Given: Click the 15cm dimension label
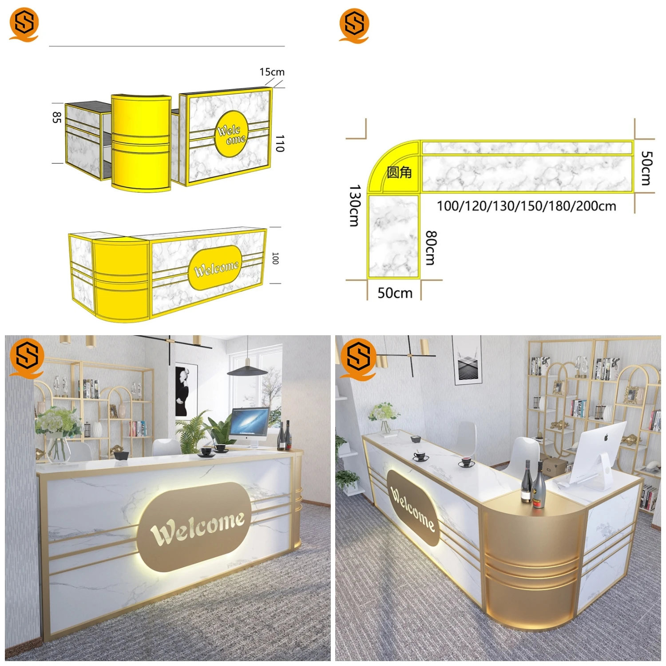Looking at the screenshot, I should click(272, 72).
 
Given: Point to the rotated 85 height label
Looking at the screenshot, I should click(56, 118).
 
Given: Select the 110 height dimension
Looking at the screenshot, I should click(279, 144).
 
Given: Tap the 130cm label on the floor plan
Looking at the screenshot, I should click(354, 206).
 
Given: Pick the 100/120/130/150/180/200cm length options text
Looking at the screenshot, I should click(526, 206).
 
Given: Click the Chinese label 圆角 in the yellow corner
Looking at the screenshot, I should click(399, 172).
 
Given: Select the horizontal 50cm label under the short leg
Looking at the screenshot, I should click(395, 293).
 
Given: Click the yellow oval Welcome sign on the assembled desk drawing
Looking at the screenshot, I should click(216, 268).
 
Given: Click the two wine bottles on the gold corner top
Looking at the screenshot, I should click(533, 484).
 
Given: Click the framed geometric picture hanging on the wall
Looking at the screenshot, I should click(468, 361).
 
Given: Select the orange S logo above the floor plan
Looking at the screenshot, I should click(354, 25).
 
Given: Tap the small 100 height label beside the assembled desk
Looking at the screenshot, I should click(275, 258).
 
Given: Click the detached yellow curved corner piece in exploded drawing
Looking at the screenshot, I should click(141, 142).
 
